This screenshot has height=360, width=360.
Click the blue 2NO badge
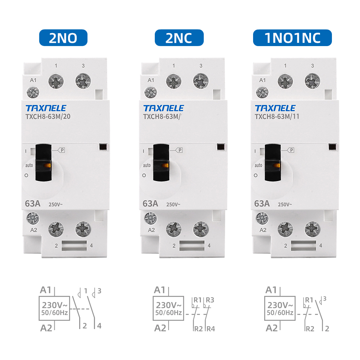[x=63, y=37]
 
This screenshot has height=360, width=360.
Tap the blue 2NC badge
[x=179, y=37]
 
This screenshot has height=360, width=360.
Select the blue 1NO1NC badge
[x=292, y=37]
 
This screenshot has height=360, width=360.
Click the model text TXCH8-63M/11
[x=277, y=116]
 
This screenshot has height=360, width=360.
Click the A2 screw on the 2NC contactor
[x=150, y=217]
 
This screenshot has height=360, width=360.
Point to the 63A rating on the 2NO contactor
[x=32, y=203]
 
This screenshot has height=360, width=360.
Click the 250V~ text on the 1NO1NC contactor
[x=285, y=204]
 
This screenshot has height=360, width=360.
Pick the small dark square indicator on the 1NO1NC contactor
[x=333, y=147]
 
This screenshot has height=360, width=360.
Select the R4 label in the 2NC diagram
[x=211, y=328]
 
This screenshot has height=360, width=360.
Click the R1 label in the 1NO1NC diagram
[x=309, y=300]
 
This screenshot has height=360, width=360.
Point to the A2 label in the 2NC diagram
[x=160, y=328]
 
